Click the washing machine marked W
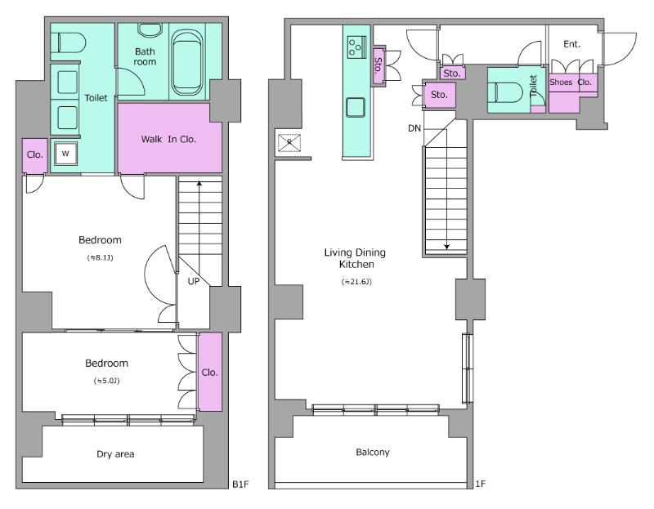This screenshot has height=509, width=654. [65, 154]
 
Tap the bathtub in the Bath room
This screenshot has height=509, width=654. [188, 63]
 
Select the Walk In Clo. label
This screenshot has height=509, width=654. [168, 139]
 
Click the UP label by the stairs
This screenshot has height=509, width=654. [194, 281]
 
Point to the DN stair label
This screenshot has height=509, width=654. [414, 128]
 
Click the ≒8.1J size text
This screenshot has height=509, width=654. [100, 257]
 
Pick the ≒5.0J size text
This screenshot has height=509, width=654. [107, 381]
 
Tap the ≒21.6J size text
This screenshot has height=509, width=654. [356, 282]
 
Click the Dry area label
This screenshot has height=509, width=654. [115, 454]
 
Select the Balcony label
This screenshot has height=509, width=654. [373, 452]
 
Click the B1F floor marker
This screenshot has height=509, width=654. [240, 484]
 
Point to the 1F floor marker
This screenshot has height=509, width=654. [481, 484]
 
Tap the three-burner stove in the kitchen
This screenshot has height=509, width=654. [356, 47]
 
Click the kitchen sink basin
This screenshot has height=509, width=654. [356, 107]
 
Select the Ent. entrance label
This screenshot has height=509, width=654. [571, 44]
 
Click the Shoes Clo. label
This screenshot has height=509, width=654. [571, 83]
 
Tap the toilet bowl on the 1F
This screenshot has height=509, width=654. [508, 92]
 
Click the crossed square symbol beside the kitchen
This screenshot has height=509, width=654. [289, 143]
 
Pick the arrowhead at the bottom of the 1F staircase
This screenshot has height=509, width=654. [446, 247]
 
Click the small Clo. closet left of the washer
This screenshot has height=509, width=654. [34, 155]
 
